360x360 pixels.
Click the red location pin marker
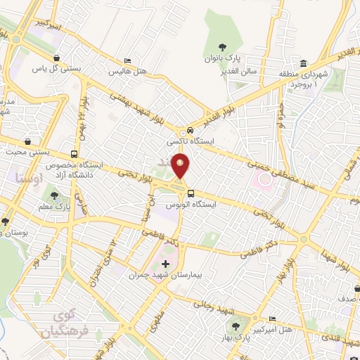pyautogui.click(x=181, y=167)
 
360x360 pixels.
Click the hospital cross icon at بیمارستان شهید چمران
pyautogui.click(x=166, y=264)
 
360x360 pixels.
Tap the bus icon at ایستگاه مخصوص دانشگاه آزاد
pyautogui.click(x=75, y=154)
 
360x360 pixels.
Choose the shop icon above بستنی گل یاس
pyautogui.click(x=56, y=58)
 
